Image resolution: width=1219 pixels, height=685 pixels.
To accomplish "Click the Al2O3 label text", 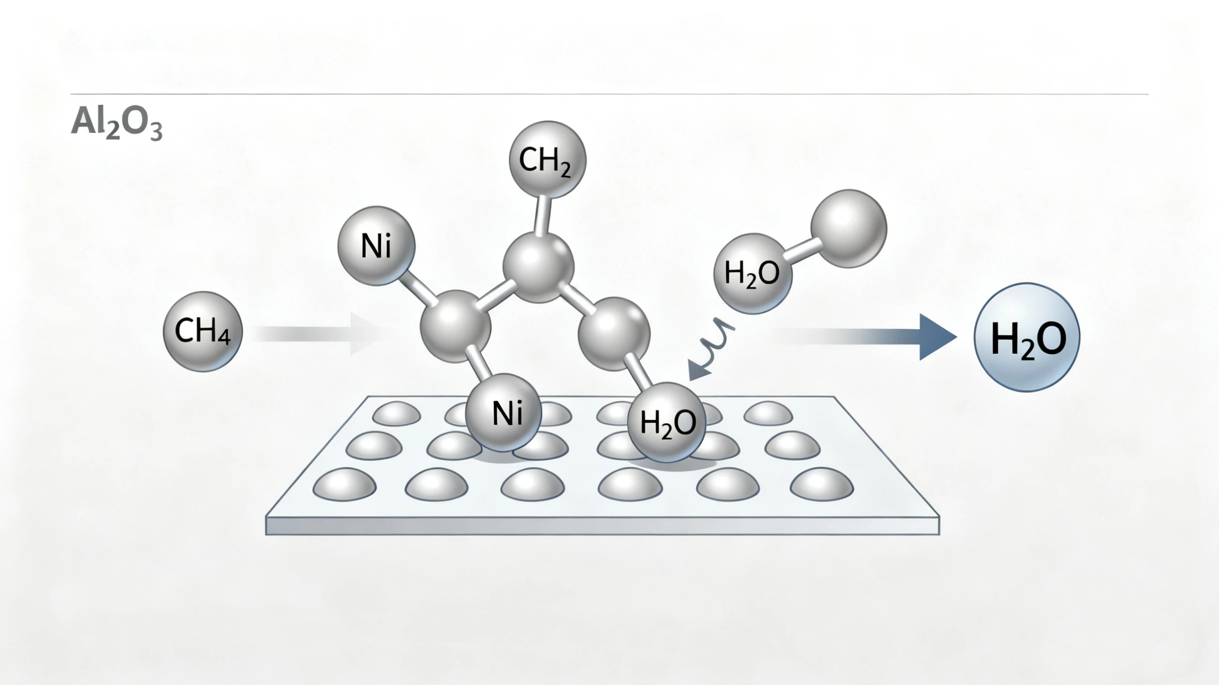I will click(x=117, y=124).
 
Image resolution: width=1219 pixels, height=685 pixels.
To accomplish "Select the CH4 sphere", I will click(x=203, y=331).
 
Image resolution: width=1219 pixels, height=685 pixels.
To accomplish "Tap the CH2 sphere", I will click(x=547, y=159).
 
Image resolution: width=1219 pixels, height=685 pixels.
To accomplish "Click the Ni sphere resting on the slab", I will click(x=504, y=412).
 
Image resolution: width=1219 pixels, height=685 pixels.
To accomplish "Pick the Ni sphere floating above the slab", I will click(x=376, y=245).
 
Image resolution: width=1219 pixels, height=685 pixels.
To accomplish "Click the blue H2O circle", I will click(x=1027, y=337).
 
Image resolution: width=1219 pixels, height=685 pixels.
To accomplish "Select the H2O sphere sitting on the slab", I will click(x=666, y=422).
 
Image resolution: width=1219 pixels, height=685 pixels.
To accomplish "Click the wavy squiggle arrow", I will click(x=712, y=348).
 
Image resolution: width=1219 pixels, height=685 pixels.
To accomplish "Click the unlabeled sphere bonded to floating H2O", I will click(x=848, y=229).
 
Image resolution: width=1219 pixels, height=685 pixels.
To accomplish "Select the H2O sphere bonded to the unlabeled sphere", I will click(x=752, y=274).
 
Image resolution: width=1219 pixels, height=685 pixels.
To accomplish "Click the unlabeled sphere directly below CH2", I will click(x=538, y=267).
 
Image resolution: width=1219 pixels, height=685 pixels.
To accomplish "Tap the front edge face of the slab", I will click(x=602, y=526).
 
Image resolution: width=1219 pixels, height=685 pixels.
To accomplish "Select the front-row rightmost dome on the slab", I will click(x=822, y=484).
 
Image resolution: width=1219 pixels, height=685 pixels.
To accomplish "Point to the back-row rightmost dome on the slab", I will click(x=768, y=413).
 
